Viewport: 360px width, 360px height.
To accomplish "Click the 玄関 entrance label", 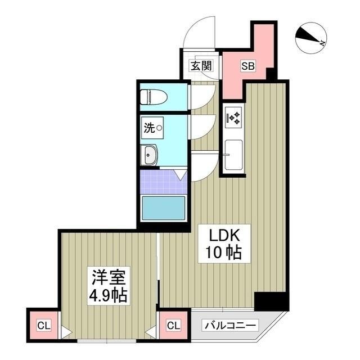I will tap(201, 66).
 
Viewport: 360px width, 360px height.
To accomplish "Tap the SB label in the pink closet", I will tap(248, 66).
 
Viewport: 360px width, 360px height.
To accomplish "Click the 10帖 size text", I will tap(219, 254).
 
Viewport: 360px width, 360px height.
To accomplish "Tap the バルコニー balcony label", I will tap(231, 325).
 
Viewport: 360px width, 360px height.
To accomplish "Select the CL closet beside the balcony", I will tap(174, 325).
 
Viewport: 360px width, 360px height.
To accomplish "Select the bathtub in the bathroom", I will tap(163, 208).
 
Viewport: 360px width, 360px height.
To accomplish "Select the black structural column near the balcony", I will tap(271, 301).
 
